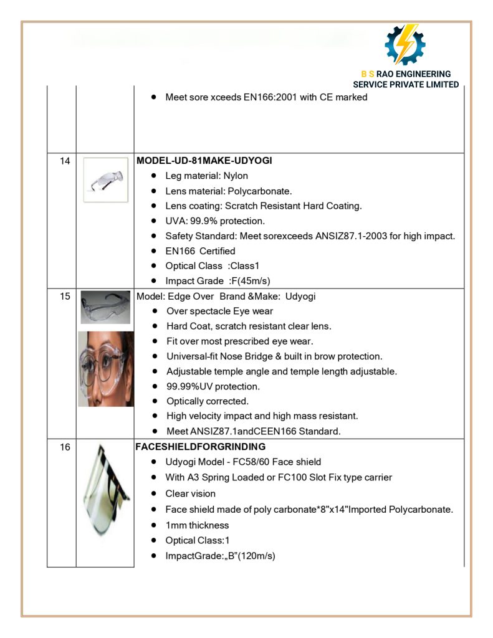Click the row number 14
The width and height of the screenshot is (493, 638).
(x=65, y=161)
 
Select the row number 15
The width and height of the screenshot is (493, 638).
(x=65, y=297)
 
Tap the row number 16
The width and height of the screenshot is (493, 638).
(x=65, y=447)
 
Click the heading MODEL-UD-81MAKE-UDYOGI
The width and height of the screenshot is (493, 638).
(x=204, y=161)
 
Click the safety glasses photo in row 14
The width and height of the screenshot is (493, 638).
(x=105, y=179)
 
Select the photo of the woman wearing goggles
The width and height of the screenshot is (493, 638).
(x=105, y=369)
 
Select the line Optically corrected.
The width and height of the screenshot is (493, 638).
(x=208, y=401)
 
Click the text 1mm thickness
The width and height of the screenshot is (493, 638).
(x=197, y=525)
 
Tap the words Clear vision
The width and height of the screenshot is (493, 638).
(x=190, y=493)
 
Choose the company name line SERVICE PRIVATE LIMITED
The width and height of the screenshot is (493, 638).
(x=406, y=85)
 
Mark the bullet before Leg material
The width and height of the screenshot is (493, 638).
(x=153, y=176)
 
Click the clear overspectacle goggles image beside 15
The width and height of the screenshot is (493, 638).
(x=105, y=307)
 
